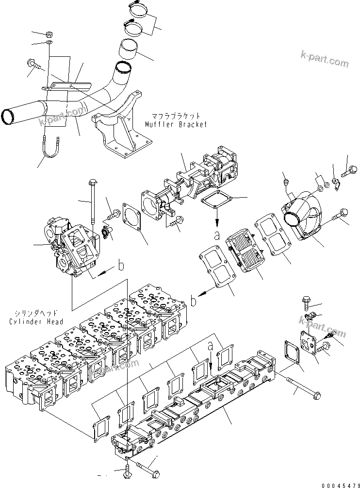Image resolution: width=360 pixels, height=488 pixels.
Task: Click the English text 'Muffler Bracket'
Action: pyautogui.click(x=176, y=125)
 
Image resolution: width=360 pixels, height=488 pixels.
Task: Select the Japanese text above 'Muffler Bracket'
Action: pyautogui.click(x=176, y=117)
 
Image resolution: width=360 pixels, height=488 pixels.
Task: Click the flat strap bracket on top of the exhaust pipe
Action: pyautogui.click(x=68, y=87)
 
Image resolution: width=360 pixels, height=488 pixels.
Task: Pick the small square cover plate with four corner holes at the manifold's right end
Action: pyautogui.click(x=309, y=342)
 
